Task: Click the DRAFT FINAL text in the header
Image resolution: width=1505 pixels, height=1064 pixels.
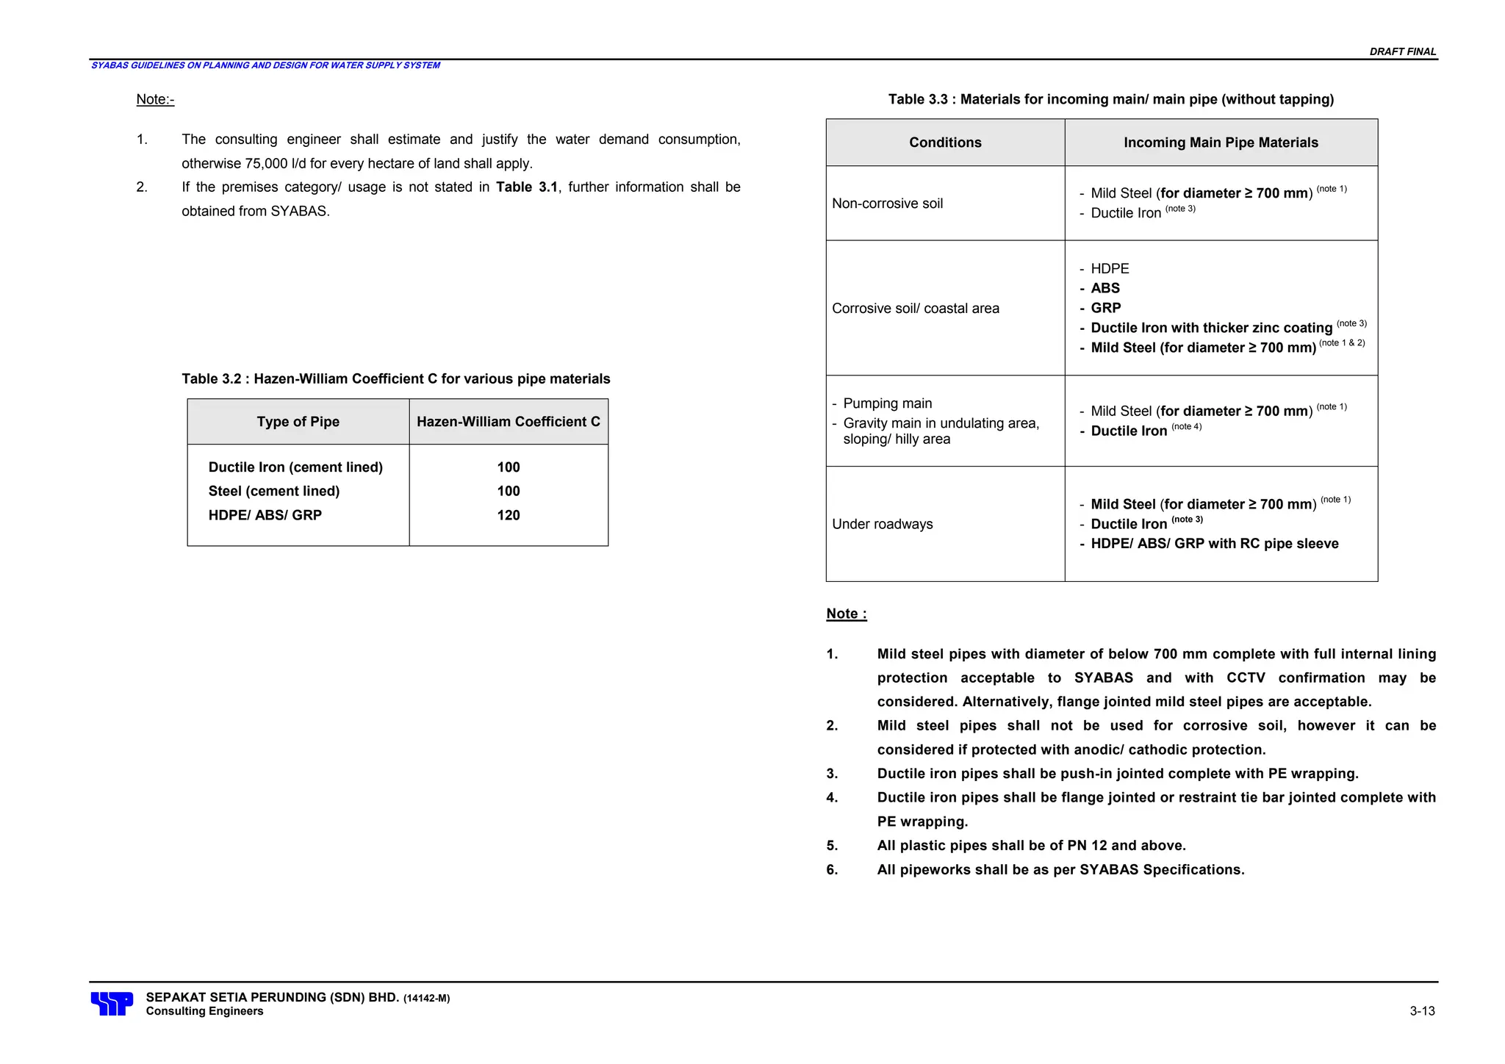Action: coord(1402,51)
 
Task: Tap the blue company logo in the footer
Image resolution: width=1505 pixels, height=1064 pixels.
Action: coord(112,1003)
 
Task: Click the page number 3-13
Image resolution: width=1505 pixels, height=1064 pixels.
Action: coord(1422,1011)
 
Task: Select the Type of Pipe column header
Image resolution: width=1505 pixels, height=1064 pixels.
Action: coord(298,422)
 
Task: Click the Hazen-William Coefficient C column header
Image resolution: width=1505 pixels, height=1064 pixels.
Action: coord(508,422)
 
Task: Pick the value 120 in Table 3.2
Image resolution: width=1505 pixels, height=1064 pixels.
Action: coord(508,515)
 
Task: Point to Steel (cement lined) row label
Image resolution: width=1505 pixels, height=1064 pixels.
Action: coord(273,491)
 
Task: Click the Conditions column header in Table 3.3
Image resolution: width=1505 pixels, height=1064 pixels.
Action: coord(944,143)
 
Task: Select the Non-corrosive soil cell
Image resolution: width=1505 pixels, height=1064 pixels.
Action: coord(887,204)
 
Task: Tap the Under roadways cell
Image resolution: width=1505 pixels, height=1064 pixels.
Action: coord(882,524)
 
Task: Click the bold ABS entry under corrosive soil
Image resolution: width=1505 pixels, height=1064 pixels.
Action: coord(1104,288)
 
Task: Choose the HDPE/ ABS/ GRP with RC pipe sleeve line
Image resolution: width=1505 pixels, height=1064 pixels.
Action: coord(1214,544)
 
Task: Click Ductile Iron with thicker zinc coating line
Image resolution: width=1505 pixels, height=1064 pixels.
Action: coord(1210,328)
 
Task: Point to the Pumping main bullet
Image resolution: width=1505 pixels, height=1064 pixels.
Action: coord(887,403)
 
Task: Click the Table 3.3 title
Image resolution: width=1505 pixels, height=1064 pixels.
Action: coord(1110,99)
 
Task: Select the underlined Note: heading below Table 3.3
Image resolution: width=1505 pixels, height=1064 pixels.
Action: coord(846,614)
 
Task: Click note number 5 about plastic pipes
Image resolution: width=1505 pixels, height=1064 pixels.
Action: coord(1031,846)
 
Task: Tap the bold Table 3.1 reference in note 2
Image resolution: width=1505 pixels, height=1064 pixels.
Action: coord(526,187)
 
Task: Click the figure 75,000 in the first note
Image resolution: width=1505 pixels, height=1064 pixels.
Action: coord(267,163)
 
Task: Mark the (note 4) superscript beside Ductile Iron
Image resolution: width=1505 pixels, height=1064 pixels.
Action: coord(1186,427)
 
